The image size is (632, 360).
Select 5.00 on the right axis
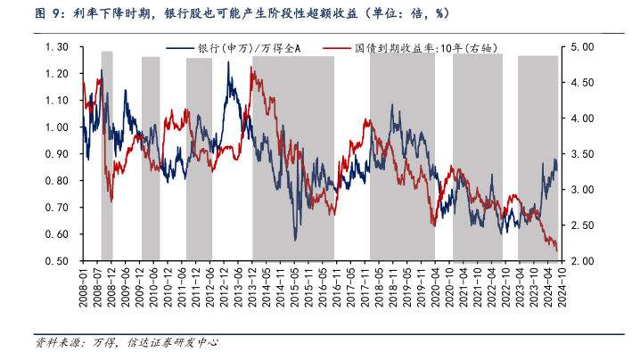point(580,46)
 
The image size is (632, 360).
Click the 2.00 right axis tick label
point(580,261)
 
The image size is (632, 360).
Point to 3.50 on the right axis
point(580,153)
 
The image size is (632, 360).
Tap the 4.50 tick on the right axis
point(580,82)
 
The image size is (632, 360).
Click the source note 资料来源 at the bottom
point(125,342)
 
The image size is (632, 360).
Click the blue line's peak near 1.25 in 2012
point(230,62)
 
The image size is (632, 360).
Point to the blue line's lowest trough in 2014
point(296,239)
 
